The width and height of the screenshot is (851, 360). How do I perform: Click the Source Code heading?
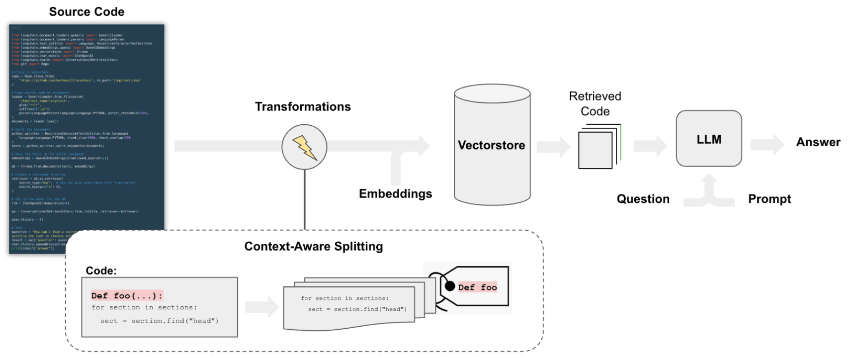point(86,12)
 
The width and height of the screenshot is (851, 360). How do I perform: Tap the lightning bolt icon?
point(304,147)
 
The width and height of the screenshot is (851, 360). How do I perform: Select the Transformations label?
point(303,107)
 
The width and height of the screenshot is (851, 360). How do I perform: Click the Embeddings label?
point(395,194)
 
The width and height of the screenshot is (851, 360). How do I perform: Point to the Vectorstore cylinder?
point(492,145)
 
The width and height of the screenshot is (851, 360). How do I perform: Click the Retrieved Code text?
point(595,103)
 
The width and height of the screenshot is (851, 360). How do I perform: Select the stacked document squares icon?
point(598,147)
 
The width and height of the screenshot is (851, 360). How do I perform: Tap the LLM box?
point(709,139)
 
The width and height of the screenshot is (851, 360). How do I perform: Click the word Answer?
point(818,142)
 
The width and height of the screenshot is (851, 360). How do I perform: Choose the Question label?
point(643,199)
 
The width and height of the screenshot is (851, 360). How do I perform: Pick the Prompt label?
point(769,199)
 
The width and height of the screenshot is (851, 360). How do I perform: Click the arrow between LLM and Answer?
point(767,145)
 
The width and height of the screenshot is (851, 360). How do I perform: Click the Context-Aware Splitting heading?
point(314,247)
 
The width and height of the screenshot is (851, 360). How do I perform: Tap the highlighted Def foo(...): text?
point(127,296)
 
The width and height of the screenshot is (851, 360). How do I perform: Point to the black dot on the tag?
point(450,286)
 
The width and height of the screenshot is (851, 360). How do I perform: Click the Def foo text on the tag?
point(477,287)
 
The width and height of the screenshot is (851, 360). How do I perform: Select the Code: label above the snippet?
point(101,271)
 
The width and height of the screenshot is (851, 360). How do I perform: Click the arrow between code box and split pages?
point(262,307)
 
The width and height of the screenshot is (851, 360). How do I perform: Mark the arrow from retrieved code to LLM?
point(650,146)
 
